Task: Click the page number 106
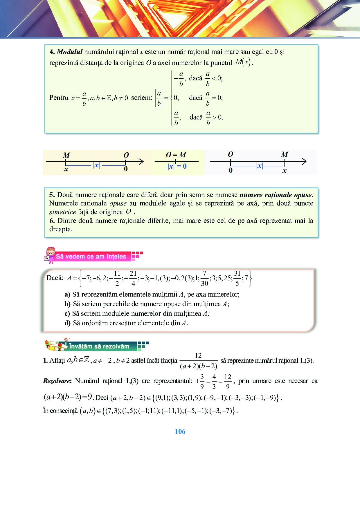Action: [x=180, y=432]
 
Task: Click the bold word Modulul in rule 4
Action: [x=70, y=52]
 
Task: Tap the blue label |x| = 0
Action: [x=177, y=166]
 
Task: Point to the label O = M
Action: [x=176, y=155]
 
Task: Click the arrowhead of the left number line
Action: [x=141, y=162]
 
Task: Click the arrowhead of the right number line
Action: [x=304, y=161]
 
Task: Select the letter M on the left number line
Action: [x=66, y=155]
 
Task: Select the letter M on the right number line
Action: [x=285, y=154]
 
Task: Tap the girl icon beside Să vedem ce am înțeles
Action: [x=50, y=255]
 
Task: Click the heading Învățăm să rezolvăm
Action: [x=99, y=346]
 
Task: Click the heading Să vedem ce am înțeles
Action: [x=91, y=257]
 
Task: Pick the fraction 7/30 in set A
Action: [x=204, y=278]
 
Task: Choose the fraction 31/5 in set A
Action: [x=237, y=278]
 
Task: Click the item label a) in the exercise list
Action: [x=67, y=295]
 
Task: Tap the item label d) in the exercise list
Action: [x=67, y=323]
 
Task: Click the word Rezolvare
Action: [x=57, y=381]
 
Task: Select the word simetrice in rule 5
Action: [x=62, y=212]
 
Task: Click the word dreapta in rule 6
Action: [x=61, y=229]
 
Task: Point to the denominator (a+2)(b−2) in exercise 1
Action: [x=199, y=366]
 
